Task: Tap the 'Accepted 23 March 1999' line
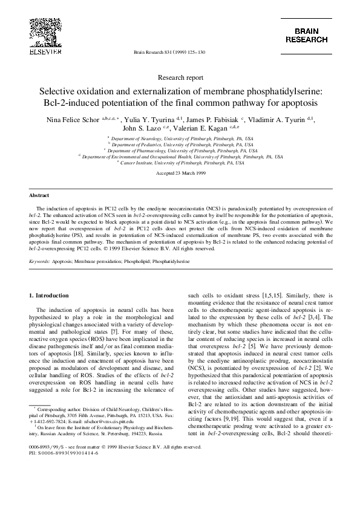[179, 173]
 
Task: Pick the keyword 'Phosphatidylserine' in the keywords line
[171, 262]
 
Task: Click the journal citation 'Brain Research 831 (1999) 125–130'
[169, 53]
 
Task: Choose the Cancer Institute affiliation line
[180, 163]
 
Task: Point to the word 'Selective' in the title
[62, 91]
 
